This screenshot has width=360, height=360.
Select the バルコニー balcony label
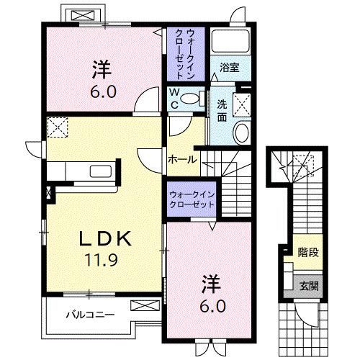pos(88,314)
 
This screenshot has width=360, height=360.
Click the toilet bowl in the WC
pos(191,99)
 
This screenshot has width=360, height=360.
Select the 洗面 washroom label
pos(223,109)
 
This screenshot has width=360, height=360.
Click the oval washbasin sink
pos(241,132)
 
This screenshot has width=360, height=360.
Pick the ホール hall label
pos(181,158)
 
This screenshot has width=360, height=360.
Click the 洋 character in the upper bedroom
pos(102,71)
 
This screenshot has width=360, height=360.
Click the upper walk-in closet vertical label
pos(186,54)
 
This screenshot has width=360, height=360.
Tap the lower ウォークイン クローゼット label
pos(192,199)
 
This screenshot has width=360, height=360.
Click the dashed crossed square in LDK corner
pos(57,129)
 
